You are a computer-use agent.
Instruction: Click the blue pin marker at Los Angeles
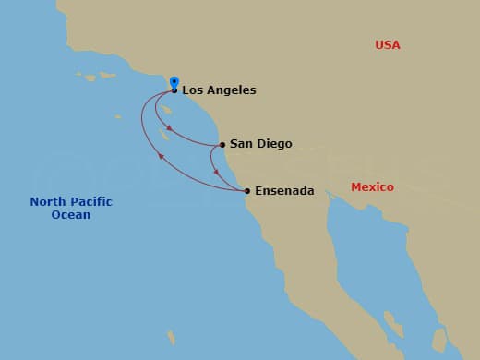coord(174,81)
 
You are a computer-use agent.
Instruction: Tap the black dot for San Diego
coord(222,144)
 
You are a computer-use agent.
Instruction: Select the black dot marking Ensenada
coord(246,191)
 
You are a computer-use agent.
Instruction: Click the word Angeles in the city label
coord(231,90)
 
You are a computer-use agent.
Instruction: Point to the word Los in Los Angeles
coord(192,90)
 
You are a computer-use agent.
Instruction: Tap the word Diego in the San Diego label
coord(274,144)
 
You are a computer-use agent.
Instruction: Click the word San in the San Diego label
coord(241,144)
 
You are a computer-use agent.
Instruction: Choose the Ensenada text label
coord(284,191)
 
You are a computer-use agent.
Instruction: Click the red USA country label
coord(388,44)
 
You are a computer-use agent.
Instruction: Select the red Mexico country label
coord(372,187)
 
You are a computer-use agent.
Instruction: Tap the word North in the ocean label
coord(46,202)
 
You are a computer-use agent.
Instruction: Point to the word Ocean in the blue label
coord(71,215)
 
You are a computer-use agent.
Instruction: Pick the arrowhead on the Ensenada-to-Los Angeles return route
coord(161,156)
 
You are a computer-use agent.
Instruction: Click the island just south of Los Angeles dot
coord(167,108)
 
